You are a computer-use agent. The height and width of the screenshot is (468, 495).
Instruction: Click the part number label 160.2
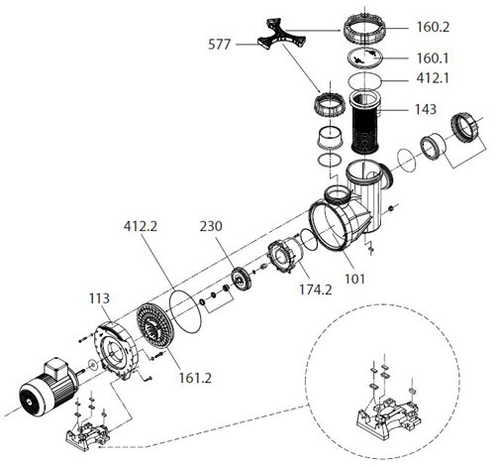[433, 27]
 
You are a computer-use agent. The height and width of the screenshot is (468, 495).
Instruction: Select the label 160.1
[433, 58]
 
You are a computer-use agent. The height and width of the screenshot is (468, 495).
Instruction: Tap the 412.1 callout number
[433, 78]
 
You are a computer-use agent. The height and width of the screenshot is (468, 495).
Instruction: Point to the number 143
[426, 109]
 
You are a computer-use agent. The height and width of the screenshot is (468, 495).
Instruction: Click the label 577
[219, 45]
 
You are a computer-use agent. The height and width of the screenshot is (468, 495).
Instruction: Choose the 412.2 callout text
[141, 226]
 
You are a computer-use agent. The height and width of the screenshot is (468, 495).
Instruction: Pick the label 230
[211, 226]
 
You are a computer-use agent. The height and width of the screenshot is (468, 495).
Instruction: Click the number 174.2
[316, 290]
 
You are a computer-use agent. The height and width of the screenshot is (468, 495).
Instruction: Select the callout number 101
[355, 279]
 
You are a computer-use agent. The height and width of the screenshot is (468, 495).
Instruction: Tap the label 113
[99, 298]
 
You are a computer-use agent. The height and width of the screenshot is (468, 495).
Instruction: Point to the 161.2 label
[195, 378]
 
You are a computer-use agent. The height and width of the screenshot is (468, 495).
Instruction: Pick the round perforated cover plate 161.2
[153, 326]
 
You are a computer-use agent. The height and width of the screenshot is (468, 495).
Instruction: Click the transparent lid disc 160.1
[365, 58]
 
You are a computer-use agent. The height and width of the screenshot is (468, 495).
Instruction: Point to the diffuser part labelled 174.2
[284, 255]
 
